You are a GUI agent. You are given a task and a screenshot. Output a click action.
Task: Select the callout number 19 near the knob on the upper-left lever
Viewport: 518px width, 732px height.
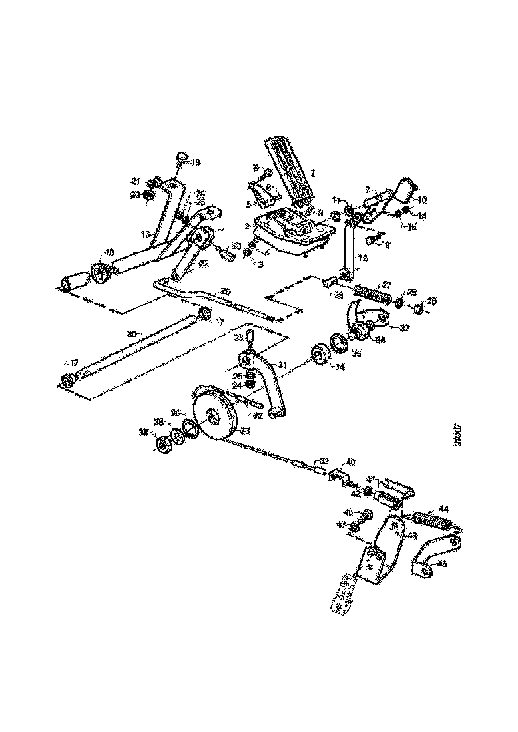pos(195,162)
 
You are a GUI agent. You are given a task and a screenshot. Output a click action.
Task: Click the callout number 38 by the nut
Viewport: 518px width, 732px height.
pos(142,432)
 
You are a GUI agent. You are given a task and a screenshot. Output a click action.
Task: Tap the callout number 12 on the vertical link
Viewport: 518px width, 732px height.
pos(362,257)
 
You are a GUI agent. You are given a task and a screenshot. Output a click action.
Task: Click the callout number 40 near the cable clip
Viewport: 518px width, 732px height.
pos(350,462)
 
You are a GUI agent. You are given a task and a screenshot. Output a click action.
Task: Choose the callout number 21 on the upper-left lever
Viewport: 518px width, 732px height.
pos(136,180)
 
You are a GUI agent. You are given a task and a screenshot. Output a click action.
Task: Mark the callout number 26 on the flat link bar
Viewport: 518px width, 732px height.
pos(225,291)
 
